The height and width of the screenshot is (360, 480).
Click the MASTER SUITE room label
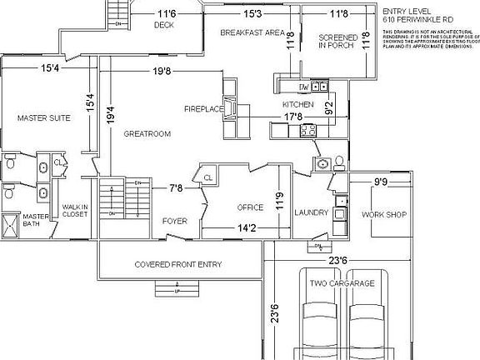[43, 118]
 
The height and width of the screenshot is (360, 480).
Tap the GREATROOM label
[147, 133]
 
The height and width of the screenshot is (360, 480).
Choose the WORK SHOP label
[383, 214]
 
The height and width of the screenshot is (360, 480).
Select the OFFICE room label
[250, 207]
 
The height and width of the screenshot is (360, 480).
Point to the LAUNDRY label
[312, 212]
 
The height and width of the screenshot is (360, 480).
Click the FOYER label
[174, 221]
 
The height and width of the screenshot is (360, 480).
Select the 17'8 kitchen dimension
[293, 117]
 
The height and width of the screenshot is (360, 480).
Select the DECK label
[164, 25]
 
